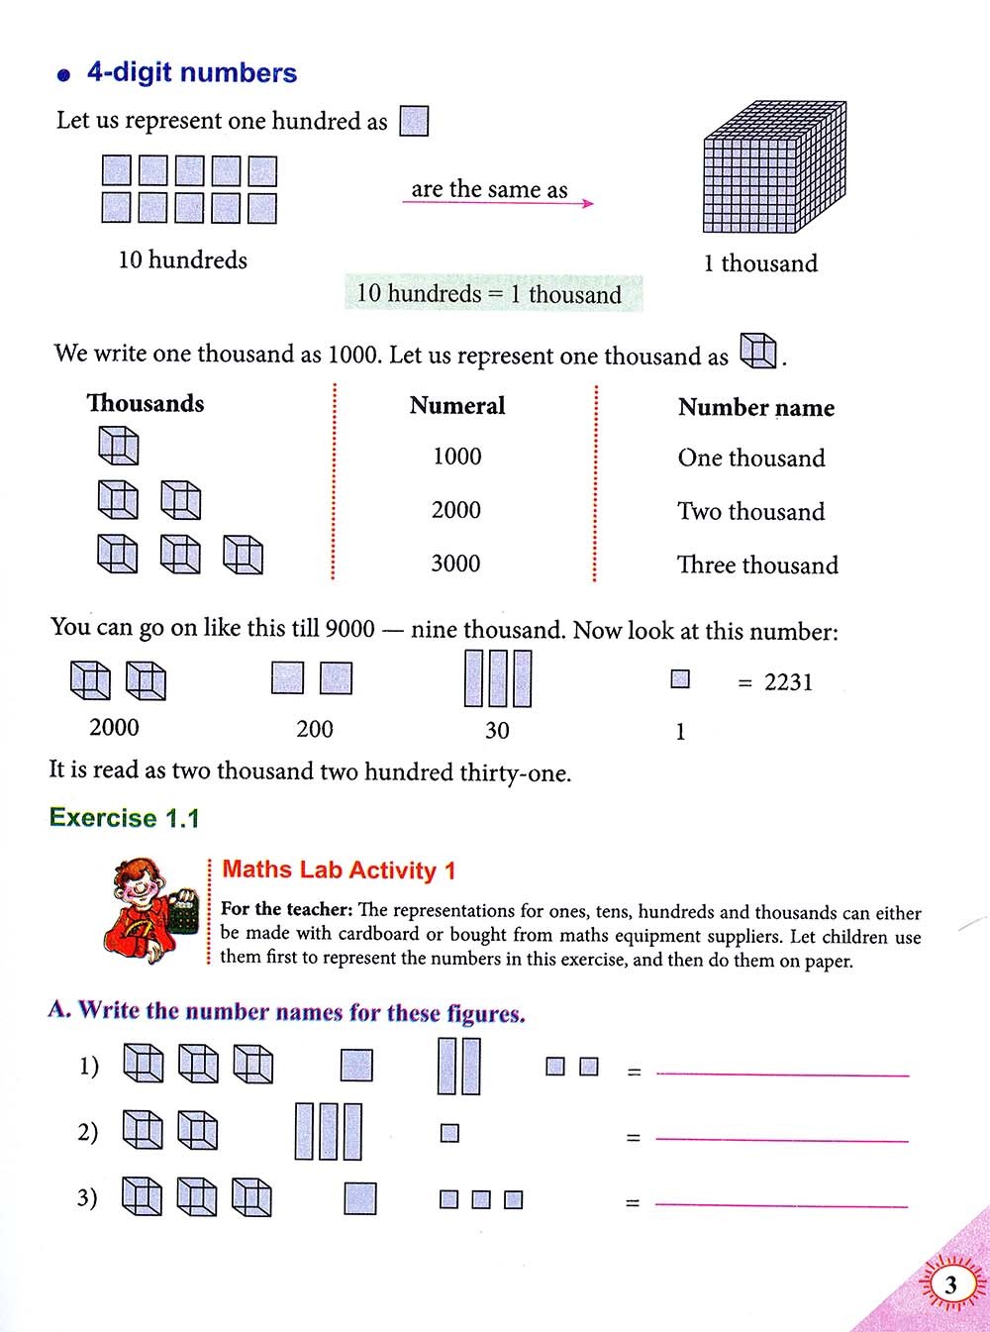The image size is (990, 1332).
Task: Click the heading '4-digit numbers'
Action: tap(191, 72)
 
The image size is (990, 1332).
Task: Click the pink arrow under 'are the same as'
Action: tap(497, 203)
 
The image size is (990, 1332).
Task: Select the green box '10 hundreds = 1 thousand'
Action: tap(492, 294)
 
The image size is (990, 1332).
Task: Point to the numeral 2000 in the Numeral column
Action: tap(455, 510)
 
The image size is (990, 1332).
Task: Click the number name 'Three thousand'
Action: tap(757, 565)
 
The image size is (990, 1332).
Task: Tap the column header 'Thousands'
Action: tap(146, 403)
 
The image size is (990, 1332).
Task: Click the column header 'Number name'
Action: tap(755, 408)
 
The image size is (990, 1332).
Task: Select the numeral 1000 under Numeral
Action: tap(456, 457)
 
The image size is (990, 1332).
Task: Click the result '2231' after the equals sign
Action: tap(788, 682)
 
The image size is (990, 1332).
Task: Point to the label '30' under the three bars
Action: tap(497, 731)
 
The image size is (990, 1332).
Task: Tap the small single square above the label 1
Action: tap(680, 679)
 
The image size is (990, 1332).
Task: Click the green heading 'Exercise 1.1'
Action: tap(125, 818)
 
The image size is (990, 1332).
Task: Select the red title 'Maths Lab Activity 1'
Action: tap(339, 871)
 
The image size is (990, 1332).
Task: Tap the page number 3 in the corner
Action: tap(950, 1285)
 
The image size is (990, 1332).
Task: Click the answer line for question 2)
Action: tap(782, 1140)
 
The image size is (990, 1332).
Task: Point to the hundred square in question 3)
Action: tap(360, 1198)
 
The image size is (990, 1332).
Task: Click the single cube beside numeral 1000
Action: tap(118, 447)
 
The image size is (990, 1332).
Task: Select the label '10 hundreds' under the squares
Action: tap(182, 260)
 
